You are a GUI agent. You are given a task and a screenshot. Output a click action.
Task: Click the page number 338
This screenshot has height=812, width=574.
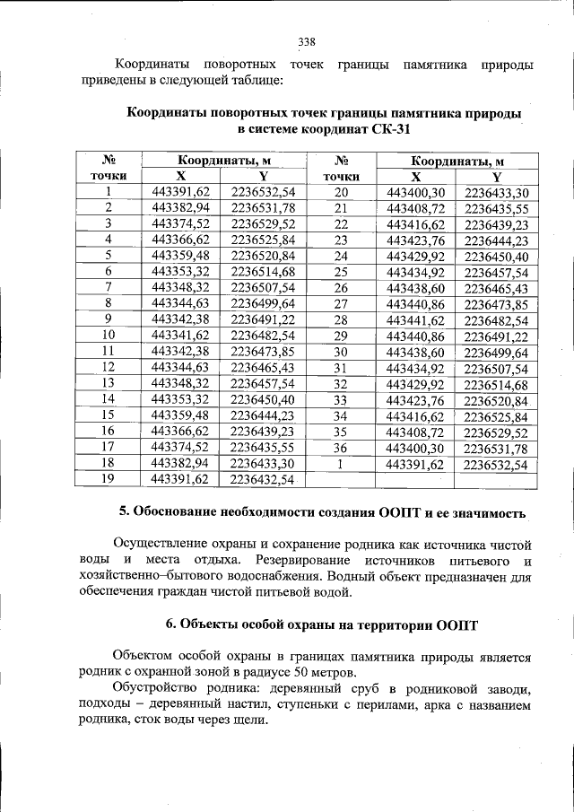tap(307, 41)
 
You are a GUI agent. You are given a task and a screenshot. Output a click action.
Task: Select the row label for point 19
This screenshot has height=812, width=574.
tap(108, 479)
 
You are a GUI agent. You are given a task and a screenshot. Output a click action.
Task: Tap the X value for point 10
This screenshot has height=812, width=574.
tap(180, 335)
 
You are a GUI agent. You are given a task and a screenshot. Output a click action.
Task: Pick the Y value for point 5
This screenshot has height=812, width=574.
tap(263, 256)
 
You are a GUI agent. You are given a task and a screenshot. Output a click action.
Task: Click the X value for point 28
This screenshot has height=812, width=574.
tap(414, 320)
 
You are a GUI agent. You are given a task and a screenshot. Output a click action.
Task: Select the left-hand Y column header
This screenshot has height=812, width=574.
tap(263, 176)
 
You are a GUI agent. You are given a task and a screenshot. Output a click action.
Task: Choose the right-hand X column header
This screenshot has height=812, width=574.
tap(414, 177)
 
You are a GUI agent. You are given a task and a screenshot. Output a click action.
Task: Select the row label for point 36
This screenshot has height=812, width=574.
tap(340, 448)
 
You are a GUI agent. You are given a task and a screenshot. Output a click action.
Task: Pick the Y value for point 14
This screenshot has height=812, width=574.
tap(263, 398)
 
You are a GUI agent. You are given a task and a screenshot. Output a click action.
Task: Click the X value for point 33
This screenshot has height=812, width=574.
tap(414, 400)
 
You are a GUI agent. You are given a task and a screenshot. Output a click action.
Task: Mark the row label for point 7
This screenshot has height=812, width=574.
tap(108, 287)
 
